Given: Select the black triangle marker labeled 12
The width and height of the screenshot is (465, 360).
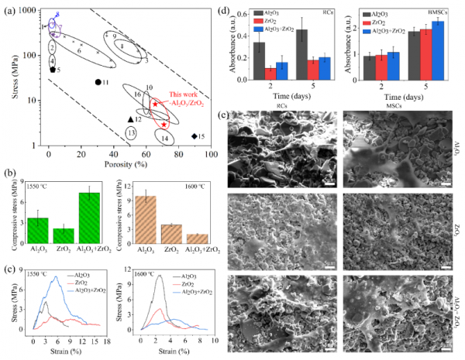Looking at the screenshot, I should pyautogui.click(x=130, y=119).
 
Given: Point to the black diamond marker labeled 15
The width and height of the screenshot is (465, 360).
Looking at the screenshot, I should pyautogui.click(x=194, y=136).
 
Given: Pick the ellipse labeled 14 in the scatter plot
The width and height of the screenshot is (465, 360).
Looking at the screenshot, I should pyautogui.click(x=165, y=137).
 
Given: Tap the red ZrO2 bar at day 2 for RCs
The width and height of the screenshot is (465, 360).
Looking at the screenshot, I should pyautogui.click(x=270, y=74).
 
